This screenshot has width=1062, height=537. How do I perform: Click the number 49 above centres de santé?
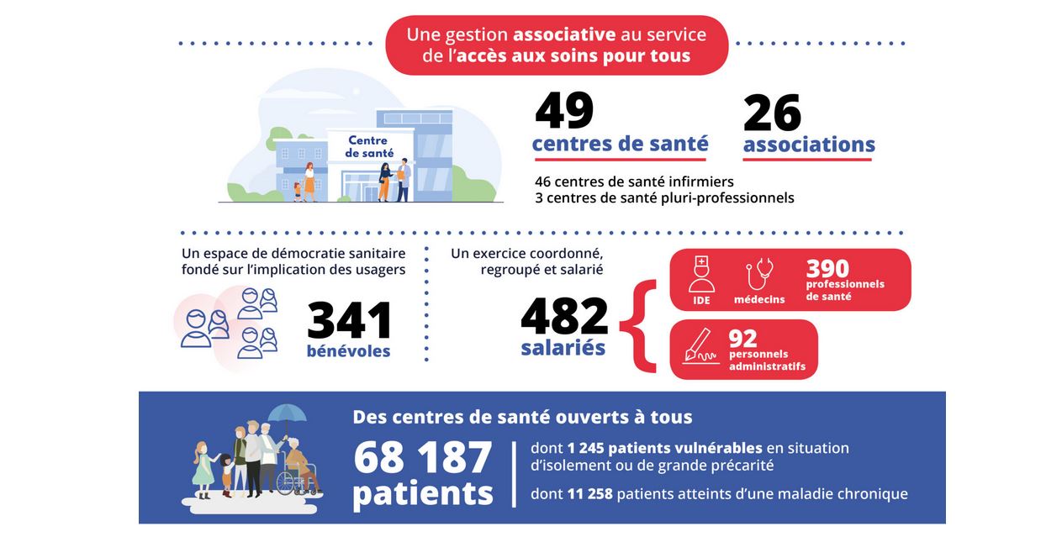[x=564, y=111]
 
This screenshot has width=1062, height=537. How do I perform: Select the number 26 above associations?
[x=772, y=113]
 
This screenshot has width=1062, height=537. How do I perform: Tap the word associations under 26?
[x=809, y=145]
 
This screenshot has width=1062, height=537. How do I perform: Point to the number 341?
[x=350, y=320]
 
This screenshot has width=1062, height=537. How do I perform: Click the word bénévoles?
[x=349, y=350]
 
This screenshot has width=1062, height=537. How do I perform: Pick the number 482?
[x=564, y=316]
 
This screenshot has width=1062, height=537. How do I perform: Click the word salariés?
[x=563, y=347]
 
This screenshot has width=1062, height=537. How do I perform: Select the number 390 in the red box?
[x=827, y=268]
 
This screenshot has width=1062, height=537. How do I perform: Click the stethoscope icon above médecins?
[x=760, y=274]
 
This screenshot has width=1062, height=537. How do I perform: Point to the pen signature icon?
[x=700, y=345]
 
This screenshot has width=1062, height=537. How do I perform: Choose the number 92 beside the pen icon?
[x=743, y=338]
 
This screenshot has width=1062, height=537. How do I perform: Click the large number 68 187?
[x=422, y=458]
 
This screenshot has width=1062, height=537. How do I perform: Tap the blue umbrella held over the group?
[x=287, y=413]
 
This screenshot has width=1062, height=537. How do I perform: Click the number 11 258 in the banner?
[x=588, y=494]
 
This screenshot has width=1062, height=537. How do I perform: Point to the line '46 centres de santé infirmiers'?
[x=634, y=182]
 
